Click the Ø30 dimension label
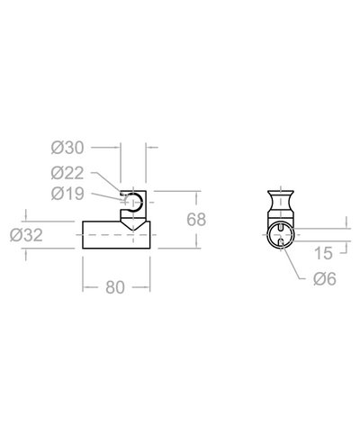(x=68, y=146)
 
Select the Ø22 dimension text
(x=68, y=171)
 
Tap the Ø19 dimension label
(x=68, y=193)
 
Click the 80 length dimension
(x=114, y=288)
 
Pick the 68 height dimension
(x=196, y=220)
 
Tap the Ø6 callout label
(x=325, y=280)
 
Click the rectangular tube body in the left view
(x=99, y=235)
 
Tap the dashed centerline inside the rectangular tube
(x=117, y=235)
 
